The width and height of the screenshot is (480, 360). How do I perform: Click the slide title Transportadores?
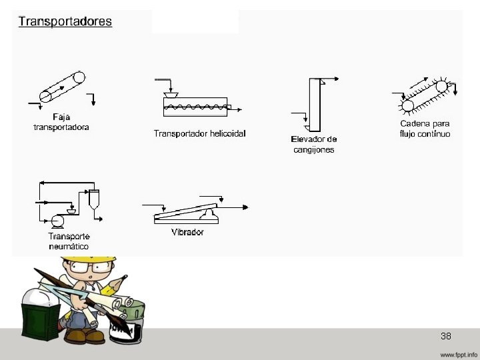65,21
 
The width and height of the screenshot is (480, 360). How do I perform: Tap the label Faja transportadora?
61,123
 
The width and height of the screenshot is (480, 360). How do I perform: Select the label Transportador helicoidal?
200,133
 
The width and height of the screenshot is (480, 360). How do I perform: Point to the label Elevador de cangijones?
314,144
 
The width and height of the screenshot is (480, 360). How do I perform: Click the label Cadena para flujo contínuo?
425,129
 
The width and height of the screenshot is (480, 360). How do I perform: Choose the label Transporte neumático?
69,241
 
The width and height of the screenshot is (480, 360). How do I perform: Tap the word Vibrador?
187,233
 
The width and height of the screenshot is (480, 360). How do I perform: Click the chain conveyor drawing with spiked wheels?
425,97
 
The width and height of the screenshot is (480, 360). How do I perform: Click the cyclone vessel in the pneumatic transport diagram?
95,199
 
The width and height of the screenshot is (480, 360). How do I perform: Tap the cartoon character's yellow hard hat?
99,257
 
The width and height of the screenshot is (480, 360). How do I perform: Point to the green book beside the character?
41,319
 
